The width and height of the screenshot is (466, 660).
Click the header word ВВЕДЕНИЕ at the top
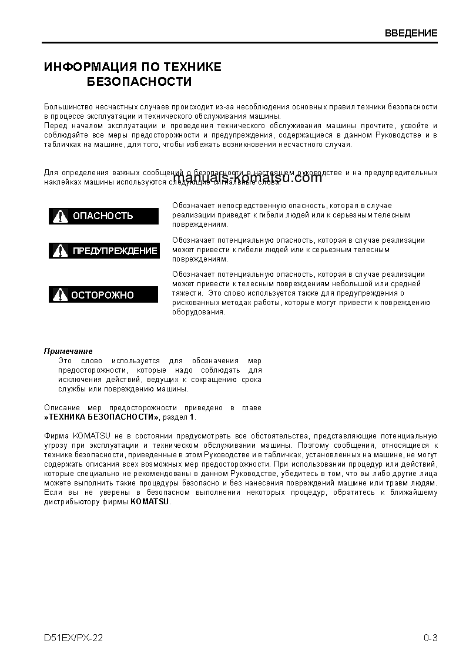tap(411, 33)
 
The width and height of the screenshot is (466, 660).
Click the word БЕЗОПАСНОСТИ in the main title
tap(139, 82)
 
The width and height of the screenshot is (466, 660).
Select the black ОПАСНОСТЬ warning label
tap(103, 216)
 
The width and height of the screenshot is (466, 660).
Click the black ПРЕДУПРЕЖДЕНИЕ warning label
tap(104, 251)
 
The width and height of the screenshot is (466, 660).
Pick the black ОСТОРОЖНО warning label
tap(103, 295)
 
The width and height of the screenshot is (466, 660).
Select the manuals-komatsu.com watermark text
tap(248, 177)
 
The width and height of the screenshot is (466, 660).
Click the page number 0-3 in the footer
tap(430, 638)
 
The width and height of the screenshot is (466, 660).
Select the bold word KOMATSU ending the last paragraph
tap(149, 502)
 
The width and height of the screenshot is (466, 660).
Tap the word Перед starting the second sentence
tap(56, 126)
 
